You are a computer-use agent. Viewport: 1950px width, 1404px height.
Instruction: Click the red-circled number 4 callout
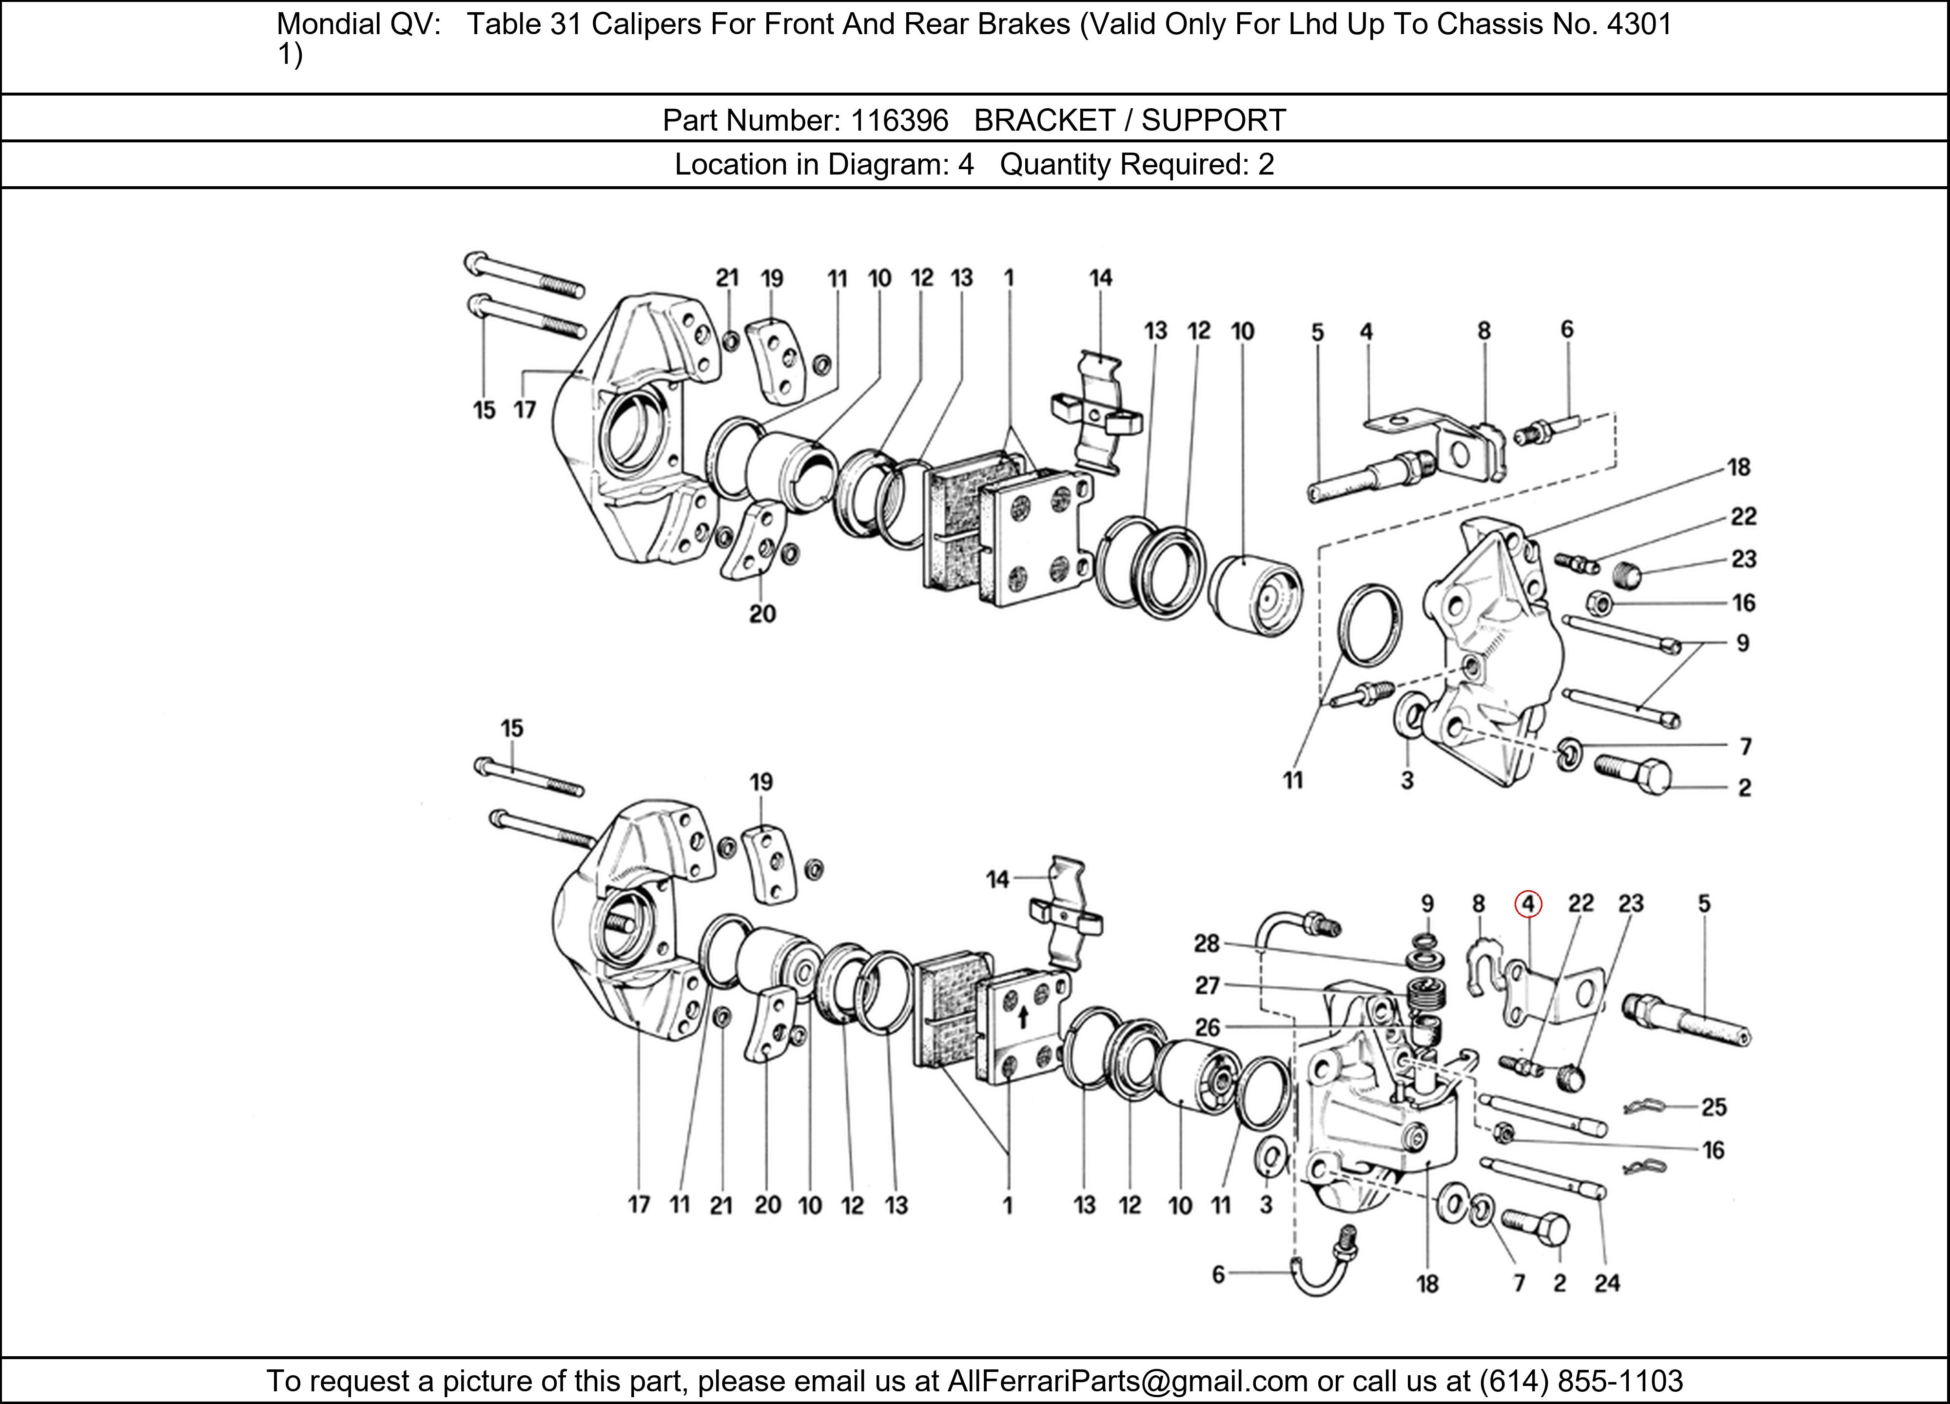(1528, 904)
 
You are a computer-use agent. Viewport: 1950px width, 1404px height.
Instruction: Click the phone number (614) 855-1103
(1580, 1380)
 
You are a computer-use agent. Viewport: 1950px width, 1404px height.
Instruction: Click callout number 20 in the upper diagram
(762, 614)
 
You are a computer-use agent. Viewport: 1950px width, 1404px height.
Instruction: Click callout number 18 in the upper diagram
(1738, 467)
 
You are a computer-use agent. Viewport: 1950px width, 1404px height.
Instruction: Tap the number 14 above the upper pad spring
(1100, 278)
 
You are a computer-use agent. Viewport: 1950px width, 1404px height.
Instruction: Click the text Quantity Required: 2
(1137, 164)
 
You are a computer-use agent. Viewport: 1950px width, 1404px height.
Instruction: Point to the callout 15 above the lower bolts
(511, 728)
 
